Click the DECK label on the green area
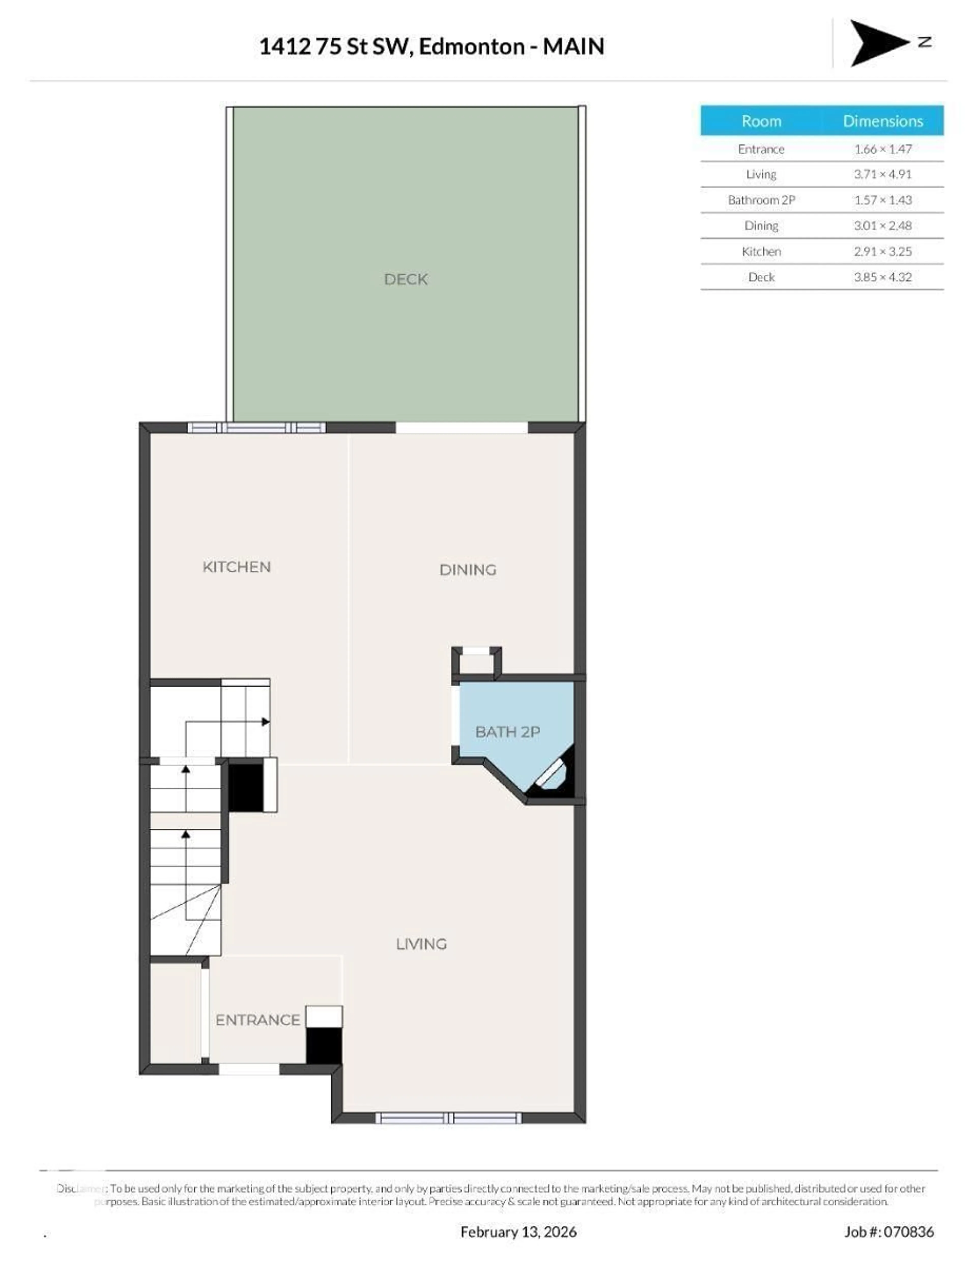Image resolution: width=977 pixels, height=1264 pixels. [405, 279]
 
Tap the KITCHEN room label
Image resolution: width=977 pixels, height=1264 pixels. [236, 567]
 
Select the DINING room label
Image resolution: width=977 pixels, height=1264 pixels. [467, 570]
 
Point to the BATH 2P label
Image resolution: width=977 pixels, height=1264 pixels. [507, 732]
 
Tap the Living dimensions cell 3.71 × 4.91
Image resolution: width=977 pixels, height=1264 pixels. [882, 174]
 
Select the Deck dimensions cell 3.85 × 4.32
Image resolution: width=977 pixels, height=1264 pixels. [882, 277]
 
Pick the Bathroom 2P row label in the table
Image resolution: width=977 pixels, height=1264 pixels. [761, 200]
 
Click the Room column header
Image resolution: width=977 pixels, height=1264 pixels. [761, 121]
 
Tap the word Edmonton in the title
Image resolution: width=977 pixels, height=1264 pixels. [471, 46]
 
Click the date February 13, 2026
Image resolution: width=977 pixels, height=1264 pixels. [518, 1232]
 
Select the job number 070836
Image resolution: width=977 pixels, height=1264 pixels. [908, 1232]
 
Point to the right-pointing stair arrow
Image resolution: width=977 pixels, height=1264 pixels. [265, 722]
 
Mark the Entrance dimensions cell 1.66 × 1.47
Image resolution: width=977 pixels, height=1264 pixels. [882, 149]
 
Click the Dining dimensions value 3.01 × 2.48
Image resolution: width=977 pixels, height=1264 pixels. [882, 226]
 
